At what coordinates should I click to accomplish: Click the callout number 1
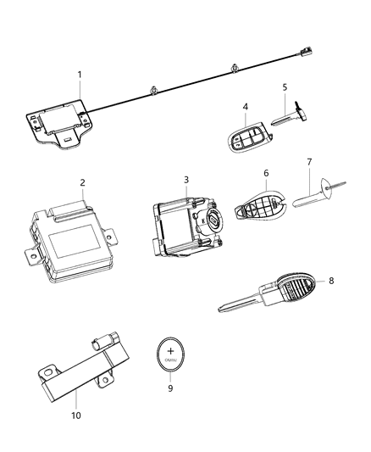pyautogui.click(x=80, y=75)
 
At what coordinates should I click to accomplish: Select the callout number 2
pyautogui.click(x=82, y=181)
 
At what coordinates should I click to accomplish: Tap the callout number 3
pyautogui.click(x=185, y=181)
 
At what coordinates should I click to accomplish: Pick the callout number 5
pyautogui.click(x=285, y=86)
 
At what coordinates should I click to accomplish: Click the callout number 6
pyautogui.click(x=265, y=174)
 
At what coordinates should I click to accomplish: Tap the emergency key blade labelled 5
pyautogui.click(x=289, y=118)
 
